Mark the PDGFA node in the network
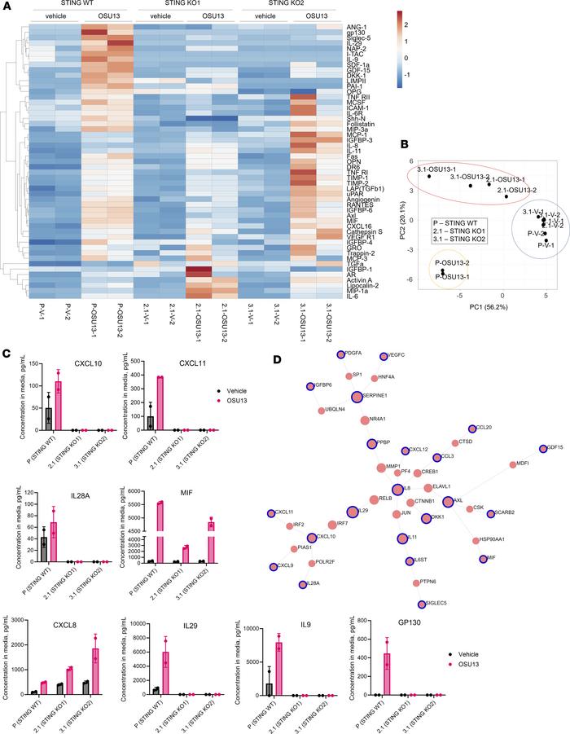(x=340, y=354)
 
